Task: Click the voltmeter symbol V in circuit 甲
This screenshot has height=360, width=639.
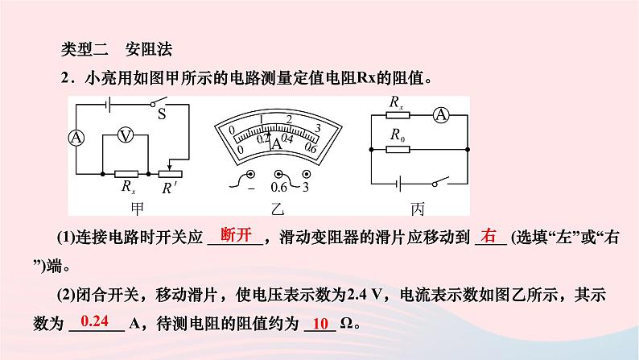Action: pos(125,136)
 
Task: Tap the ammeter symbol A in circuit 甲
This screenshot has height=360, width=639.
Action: pos(76,138)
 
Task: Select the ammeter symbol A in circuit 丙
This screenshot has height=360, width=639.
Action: pos(441,115)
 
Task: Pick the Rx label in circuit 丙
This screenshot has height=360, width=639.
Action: pos(397,102)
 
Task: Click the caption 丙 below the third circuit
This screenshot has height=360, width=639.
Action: pos(417,209)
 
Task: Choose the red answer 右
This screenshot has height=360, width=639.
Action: pos(489,236)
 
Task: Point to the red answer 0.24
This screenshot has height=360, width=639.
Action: pos(95,321)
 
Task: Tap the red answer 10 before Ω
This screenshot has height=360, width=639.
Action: pos(320,324)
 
